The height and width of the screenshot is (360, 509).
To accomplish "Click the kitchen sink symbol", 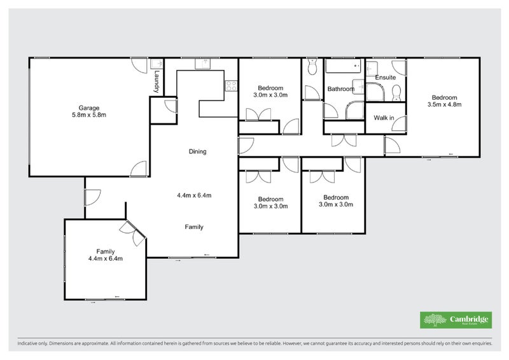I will [202, 64].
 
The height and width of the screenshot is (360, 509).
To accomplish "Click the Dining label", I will [197, 151].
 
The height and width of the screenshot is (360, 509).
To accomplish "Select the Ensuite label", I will [385, 78].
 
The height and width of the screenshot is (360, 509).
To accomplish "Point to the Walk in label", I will [384, 118].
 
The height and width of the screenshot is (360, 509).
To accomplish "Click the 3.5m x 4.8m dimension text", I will [444, 104].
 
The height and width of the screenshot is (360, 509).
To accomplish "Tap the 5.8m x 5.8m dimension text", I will [89, 115].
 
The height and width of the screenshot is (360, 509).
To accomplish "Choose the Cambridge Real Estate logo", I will [456, 320].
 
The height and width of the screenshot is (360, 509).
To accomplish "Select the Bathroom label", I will [340, 90].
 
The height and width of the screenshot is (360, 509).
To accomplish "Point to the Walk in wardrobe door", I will [398, 125].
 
